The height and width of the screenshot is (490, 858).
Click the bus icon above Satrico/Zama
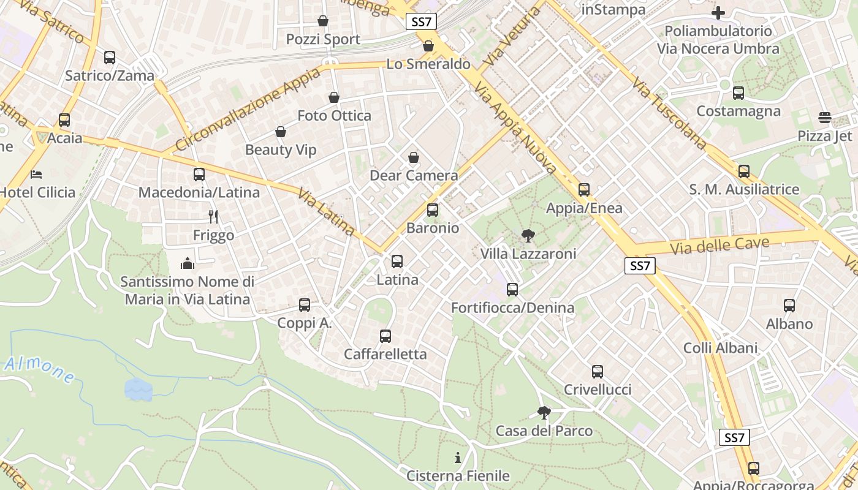click(x=110, y=58)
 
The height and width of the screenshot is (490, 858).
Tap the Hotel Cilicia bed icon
click(x=37, y=174)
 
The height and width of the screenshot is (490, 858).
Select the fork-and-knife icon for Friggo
click(x=213, y=216)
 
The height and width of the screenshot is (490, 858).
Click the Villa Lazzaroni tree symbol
click(x=528, y=235)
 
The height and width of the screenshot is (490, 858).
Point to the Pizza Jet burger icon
click(x=825, y=118)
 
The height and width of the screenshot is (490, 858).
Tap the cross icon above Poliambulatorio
click(x=718, y=12)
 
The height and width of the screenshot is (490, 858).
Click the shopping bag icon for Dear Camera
click(x=414, y=157)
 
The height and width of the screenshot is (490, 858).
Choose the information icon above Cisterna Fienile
click(x=457, y=458)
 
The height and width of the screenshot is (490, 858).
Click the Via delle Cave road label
click(x=719, y=246)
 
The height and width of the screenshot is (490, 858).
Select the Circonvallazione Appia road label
click(x=248, y=110)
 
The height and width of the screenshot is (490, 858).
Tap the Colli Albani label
click(x=720, y=348)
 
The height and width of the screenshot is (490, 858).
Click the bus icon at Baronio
click(x=433, y=210)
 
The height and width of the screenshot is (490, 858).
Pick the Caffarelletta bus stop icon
click(x=385, y=336)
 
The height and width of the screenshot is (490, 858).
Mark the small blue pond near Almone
click(x=138, y=389)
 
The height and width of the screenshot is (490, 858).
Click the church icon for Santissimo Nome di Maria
click(x=188, y=263)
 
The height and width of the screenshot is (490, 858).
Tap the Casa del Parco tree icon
click(x=544, y=413)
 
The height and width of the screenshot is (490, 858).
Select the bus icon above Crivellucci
click(x=597, y=371)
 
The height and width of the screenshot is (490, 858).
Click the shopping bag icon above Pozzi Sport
click(x=323, y=21)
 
